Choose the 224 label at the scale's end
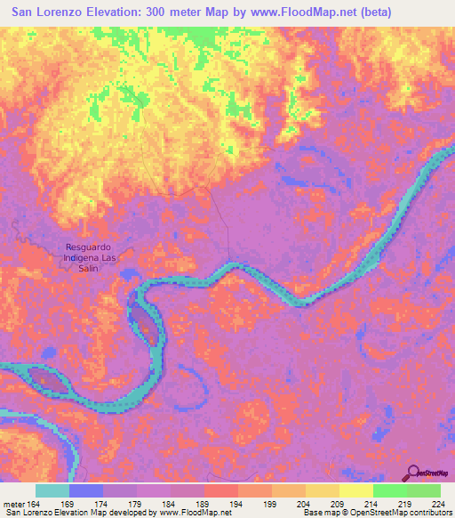435,503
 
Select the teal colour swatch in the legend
52,490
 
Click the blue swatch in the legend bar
86,490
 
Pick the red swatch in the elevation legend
221,490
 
